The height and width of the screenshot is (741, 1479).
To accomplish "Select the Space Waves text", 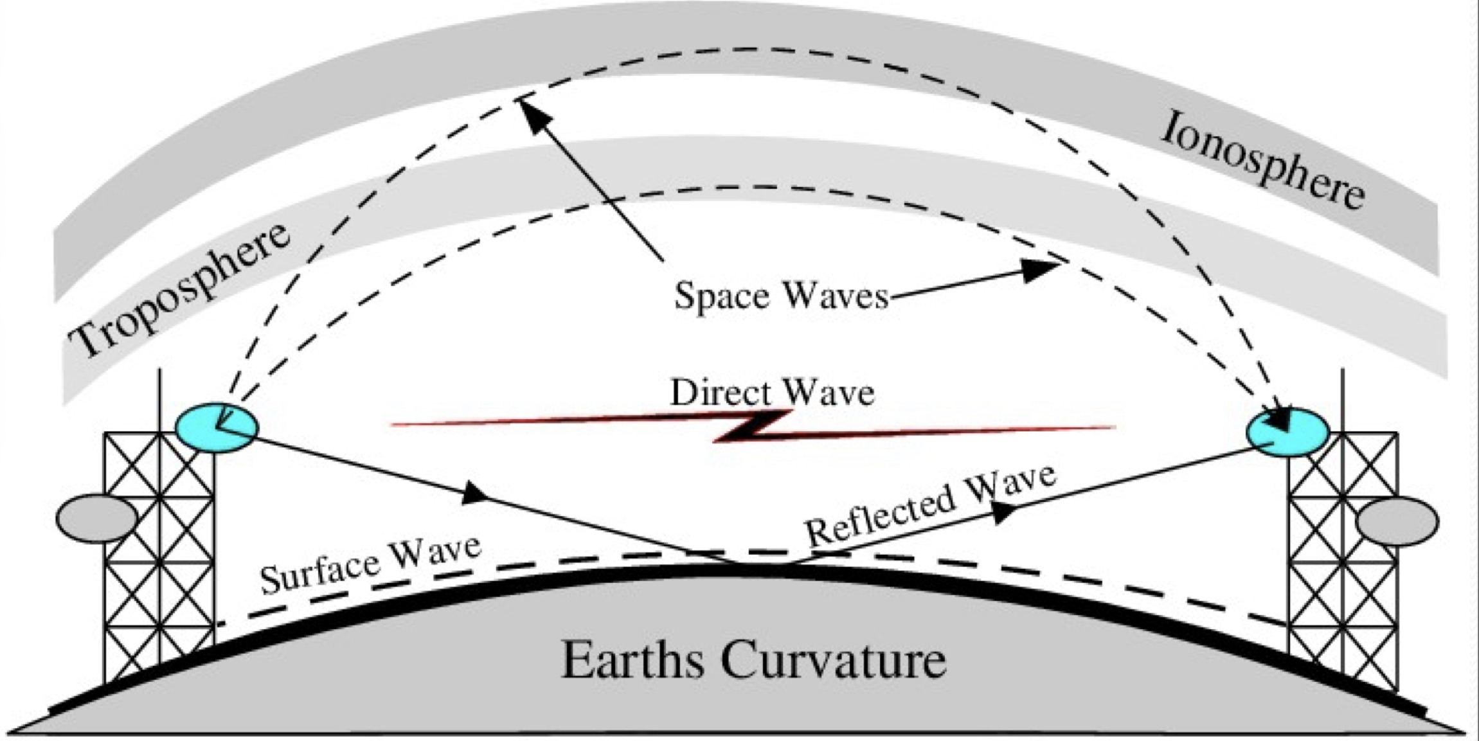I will point(780,296).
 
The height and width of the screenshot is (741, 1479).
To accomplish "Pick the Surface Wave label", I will point(370,565).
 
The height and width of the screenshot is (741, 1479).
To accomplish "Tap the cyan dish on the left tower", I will point(217,427).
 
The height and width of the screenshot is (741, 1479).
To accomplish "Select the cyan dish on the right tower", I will point(1287,432).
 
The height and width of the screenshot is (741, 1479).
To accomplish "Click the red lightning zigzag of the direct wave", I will point(752,427).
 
